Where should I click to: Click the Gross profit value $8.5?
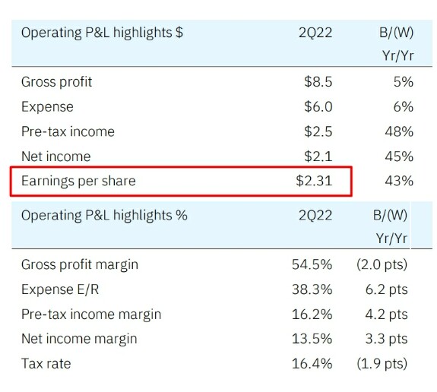pyautogui.click(x=318, y=82)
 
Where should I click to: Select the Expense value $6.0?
pyautogui.click(x=318, y=106)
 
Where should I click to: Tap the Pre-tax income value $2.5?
pyautogui.click(x=318, y=131)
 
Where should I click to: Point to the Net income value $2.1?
pyautogui.click(x=318, y=156)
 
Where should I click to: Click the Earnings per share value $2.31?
pyautogui.click(x=314, y=181)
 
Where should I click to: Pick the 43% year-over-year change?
pyautogui.click(x=399, y=181)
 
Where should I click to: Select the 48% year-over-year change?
pyautogui.click(x=399, y=131)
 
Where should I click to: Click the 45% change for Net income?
pyautogui.click(x=399, y=156)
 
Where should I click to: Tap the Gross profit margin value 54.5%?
pyautogui.click(x=312, y=264)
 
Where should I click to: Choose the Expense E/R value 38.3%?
pyautogui.click(x=312, y=289)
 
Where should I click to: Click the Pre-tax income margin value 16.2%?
pyautogui.click(x=312, y=315)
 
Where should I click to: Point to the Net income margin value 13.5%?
pyautogui.click(x=312, y=339)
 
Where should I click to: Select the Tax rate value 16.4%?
pyautogui.click(x=312, y=364)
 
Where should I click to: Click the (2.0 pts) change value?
pyautogui.click(x=382, y=264)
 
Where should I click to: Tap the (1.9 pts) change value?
pyautogui.click(x=382, y=364)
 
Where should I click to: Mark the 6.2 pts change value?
pyautogui.click(x=386, y=289)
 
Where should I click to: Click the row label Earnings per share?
pyautogui.click(x=78, y=182)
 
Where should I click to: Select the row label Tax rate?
pyautogui.click(x=46, y=364)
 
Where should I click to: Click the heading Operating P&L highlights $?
pyautogui.click(x=102, y=33)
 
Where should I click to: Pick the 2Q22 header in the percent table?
pyautogui.click(x=315, y=215)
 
